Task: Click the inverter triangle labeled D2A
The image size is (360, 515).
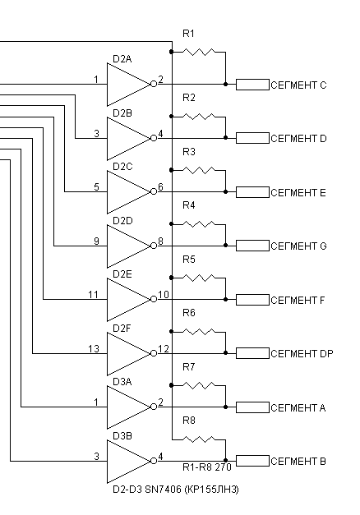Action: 128,85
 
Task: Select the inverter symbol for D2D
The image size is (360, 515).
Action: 128,246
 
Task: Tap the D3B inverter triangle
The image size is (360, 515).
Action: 128,461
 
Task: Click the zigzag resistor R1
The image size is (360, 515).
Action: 199,52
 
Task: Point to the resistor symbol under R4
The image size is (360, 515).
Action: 199,224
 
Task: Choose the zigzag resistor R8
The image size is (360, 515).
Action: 199,439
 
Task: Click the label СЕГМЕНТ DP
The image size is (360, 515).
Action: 302,354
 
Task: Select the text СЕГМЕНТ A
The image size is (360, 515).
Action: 298,408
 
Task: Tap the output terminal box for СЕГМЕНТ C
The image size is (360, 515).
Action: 252,85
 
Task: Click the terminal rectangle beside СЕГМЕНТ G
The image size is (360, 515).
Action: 252,246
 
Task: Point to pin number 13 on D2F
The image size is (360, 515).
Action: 94,348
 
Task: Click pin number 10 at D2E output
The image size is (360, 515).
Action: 164,295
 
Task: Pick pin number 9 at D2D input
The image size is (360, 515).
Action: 96,241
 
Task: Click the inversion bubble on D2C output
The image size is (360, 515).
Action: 154,192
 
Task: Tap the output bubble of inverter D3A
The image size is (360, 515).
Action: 154,407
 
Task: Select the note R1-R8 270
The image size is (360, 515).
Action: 207,467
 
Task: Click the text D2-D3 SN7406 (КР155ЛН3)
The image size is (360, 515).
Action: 176,490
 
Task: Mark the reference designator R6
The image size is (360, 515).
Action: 189,313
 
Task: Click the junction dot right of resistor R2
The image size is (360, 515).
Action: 225,138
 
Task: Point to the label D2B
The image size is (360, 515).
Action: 122,113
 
